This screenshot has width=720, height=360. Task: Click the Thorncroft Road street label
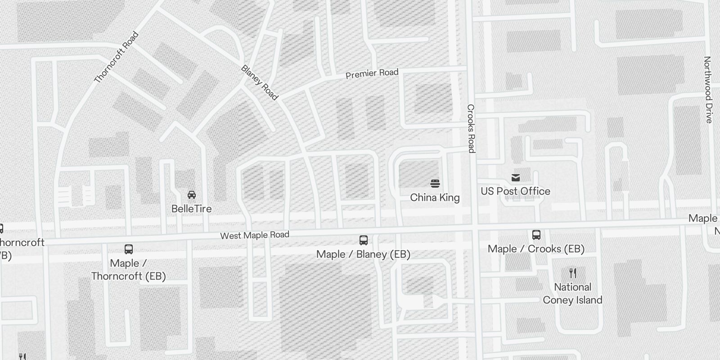tap(116, 58)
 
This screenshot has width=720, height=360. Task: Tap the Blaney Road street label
tap(260, 82)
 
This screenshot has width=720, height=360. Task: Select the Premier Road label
tap(372, 73)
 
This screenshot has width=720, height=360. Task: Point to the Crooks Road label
tap(471, 128)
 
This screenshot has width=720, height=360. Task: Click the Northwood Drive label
tap(708, 90)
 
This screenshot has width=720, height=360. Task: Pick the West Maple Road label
tap(254, 235)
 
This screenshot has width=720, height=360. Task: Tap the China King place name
tap(435, 198)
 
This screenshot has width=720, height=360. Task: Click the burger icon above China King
tap(435, 184)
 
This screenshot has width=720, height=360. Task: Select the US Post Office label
tap(515, 191)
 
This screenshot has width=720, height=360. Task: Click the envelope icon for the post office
tap(516, 178)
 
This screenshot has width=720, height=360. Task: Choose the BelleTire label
tap(191, 209)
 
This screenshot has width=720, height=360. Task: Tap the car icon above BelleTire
tap(192, 195)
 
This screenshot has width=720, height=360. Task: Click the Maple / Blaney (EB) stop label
tap(363, 254)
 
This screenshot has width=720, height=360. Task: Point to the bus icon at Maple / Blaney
tap(364, 240)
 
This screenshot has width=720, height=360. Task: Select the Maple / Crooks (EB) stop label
tap(536, 249)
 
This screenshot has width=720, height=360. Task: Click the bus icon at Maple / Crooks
tap(536, 235)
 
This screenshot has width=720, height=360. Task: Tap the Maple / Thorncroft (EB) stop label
tap(128, 270)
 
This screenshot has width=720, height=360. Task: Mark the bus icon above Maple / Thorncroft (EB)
tap(129, 249)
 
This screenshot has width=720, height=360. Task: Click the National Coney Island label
tap(572, 293)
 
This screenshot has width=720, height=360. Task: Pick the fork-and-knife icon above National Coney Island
tap(572, 273)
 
